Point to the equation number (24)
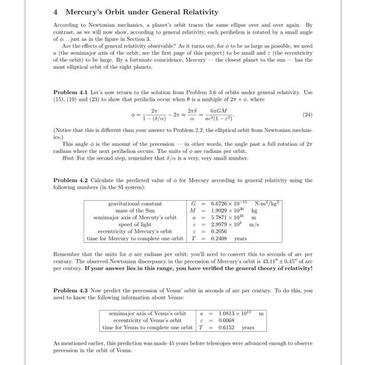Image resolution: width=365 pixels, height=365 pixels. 306,115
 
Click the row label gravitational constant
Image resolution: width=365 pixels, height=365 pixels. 135,204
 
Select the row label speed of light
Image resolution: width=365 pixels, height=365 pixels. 145,224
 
